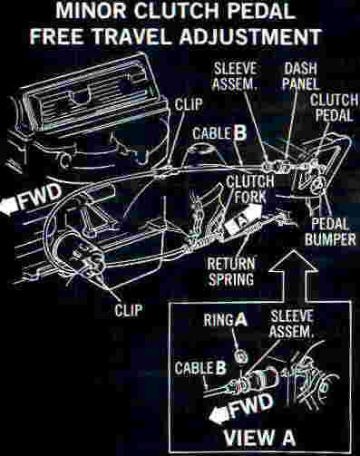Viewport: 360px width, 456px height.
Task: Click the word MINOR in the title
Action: pyautogui.click(x=92, y=11)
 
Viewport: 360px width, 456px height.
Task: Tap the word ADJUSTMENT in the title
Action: pyautogui.click(x=249, y=37)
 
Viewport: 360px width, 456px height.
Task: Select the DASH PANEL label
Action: pyautogui.click(x=300, y=76)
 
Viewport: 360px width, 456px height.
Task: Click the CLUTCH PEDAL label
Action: pyautogui.click(x=334, y=108)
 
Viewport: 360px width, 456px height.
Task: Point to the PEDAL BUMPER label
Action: pyautogui.click(x=330, y=231)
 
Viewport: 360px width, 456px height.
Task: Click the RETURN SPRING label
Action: pyautogui.click(x=231, y=271)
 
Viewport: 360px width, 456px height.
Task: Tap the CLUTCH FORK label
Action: pyautogui.click(x=250, y=189)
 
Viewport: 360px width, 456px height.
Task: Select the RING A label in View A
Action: pyautogui.click(x=225, y=320)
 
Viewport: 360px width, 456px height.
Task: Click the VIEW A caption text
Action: pyautogui.click(x=259, y=437)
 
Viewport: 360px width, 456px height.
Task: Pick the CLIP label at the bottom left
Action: pyautogui.click(x=128, y=310)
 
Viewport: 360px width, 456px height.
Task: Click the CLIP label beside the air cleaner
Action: pyautogui.click(x=189, y=104)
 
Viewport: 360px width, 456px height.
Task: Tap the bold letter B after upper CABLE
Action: pyautogui.click(x=240, y=133)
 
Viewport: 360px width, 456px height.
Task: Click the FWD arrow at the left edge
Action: pyautogui.click(x=30, y=199)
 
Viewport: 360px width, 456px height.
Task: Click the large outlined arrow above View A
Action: pyautogui.click(x=293, y=276)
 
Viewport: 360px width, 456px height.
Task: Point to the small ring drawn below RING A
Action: pyautogui.click(x=240, y=356)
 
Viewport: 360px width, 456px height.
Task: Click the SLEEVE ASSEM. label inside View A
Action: pyautogui.click(x=291, y=325)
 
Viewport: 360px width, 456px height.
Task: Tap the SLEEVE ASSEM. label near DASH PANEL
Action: pyautogui.click(x=235, y=76)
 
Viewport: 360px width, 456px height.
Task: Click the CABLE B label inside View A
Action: pyautogui.click(x=200, y=368)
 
